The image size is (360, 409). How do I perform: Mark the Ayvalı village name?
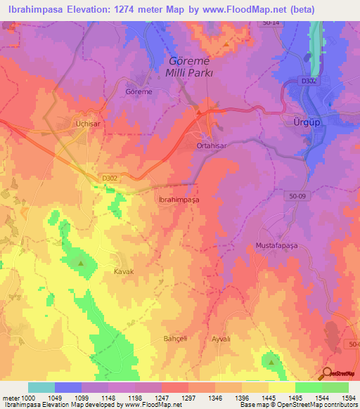221,338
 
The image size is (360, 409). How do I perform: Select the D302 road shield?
110,178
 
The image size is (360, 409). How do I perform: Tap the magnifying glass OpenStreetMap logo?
328,374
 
